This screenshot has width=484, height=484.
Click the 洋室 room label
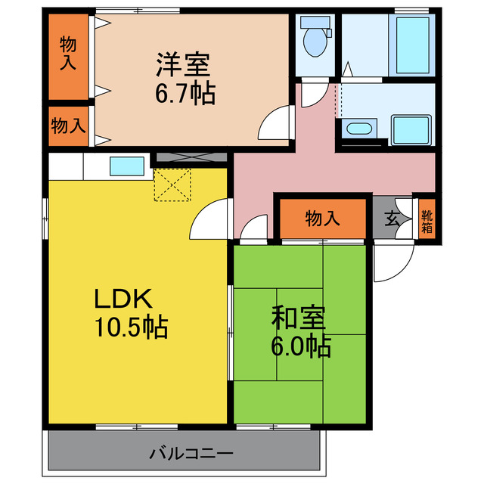[182, 64]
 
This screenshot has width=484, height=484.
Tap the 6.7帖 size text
[185, 94]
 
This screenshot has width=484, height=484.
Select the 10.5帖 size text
[131, 328]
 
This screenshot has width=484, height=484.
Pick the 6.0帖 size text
[301, 346]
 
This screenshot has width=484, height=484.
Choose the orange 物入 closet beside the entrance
[323, 219]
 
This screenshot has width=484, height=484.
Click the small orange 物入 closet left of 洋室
[69, 125]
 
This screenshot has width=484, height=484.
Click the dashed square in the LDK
[173, 185]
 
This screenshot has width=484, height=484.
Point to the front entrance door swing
[392, 261]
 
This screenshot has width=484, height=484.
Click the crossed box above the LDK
[189, 158]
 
